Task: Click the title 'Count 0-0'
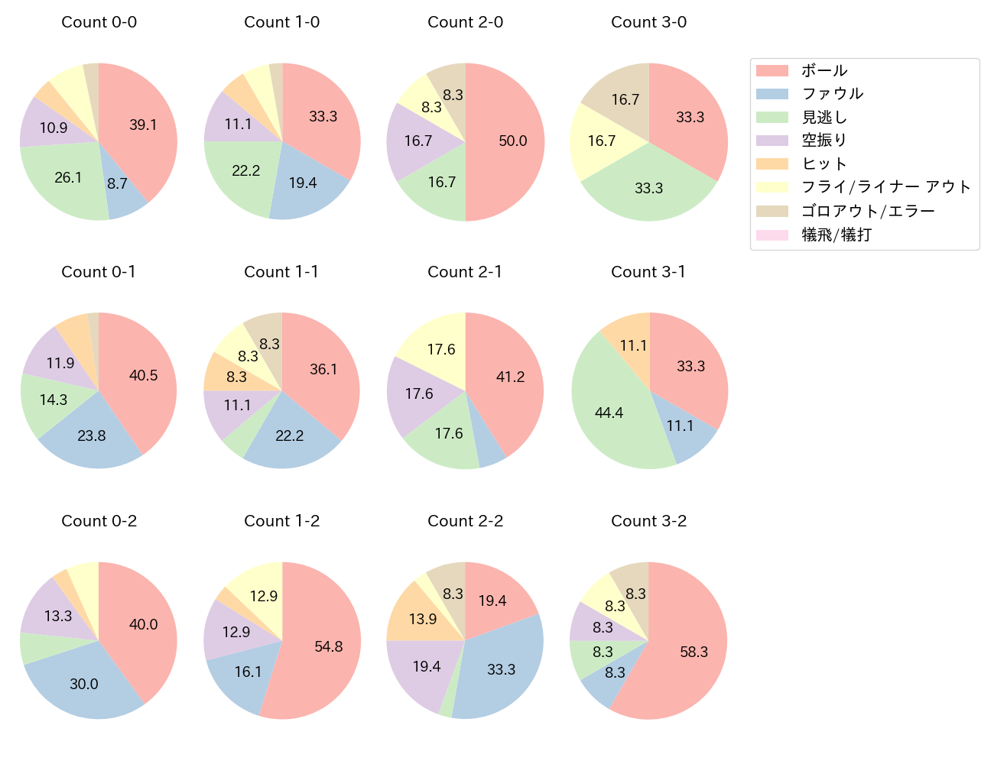pos(99,22)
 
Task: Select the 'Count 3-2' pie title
pos(648,521)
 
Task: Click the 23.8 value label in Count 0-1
pos(92,435)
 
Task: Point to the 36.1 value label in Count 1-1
pos(323,369)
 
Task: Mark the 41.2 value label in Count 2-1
pos(511,377)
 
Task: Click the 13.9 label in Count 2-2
pos(423,619)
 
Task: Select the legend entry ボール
pos(824,70)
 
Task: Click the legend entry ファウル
pos(832,94)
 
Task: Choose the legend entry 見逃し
pos(824,117)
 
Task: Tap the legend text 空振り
pos(824,141)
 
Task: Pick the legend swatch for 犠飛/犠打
pos(771,235)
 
